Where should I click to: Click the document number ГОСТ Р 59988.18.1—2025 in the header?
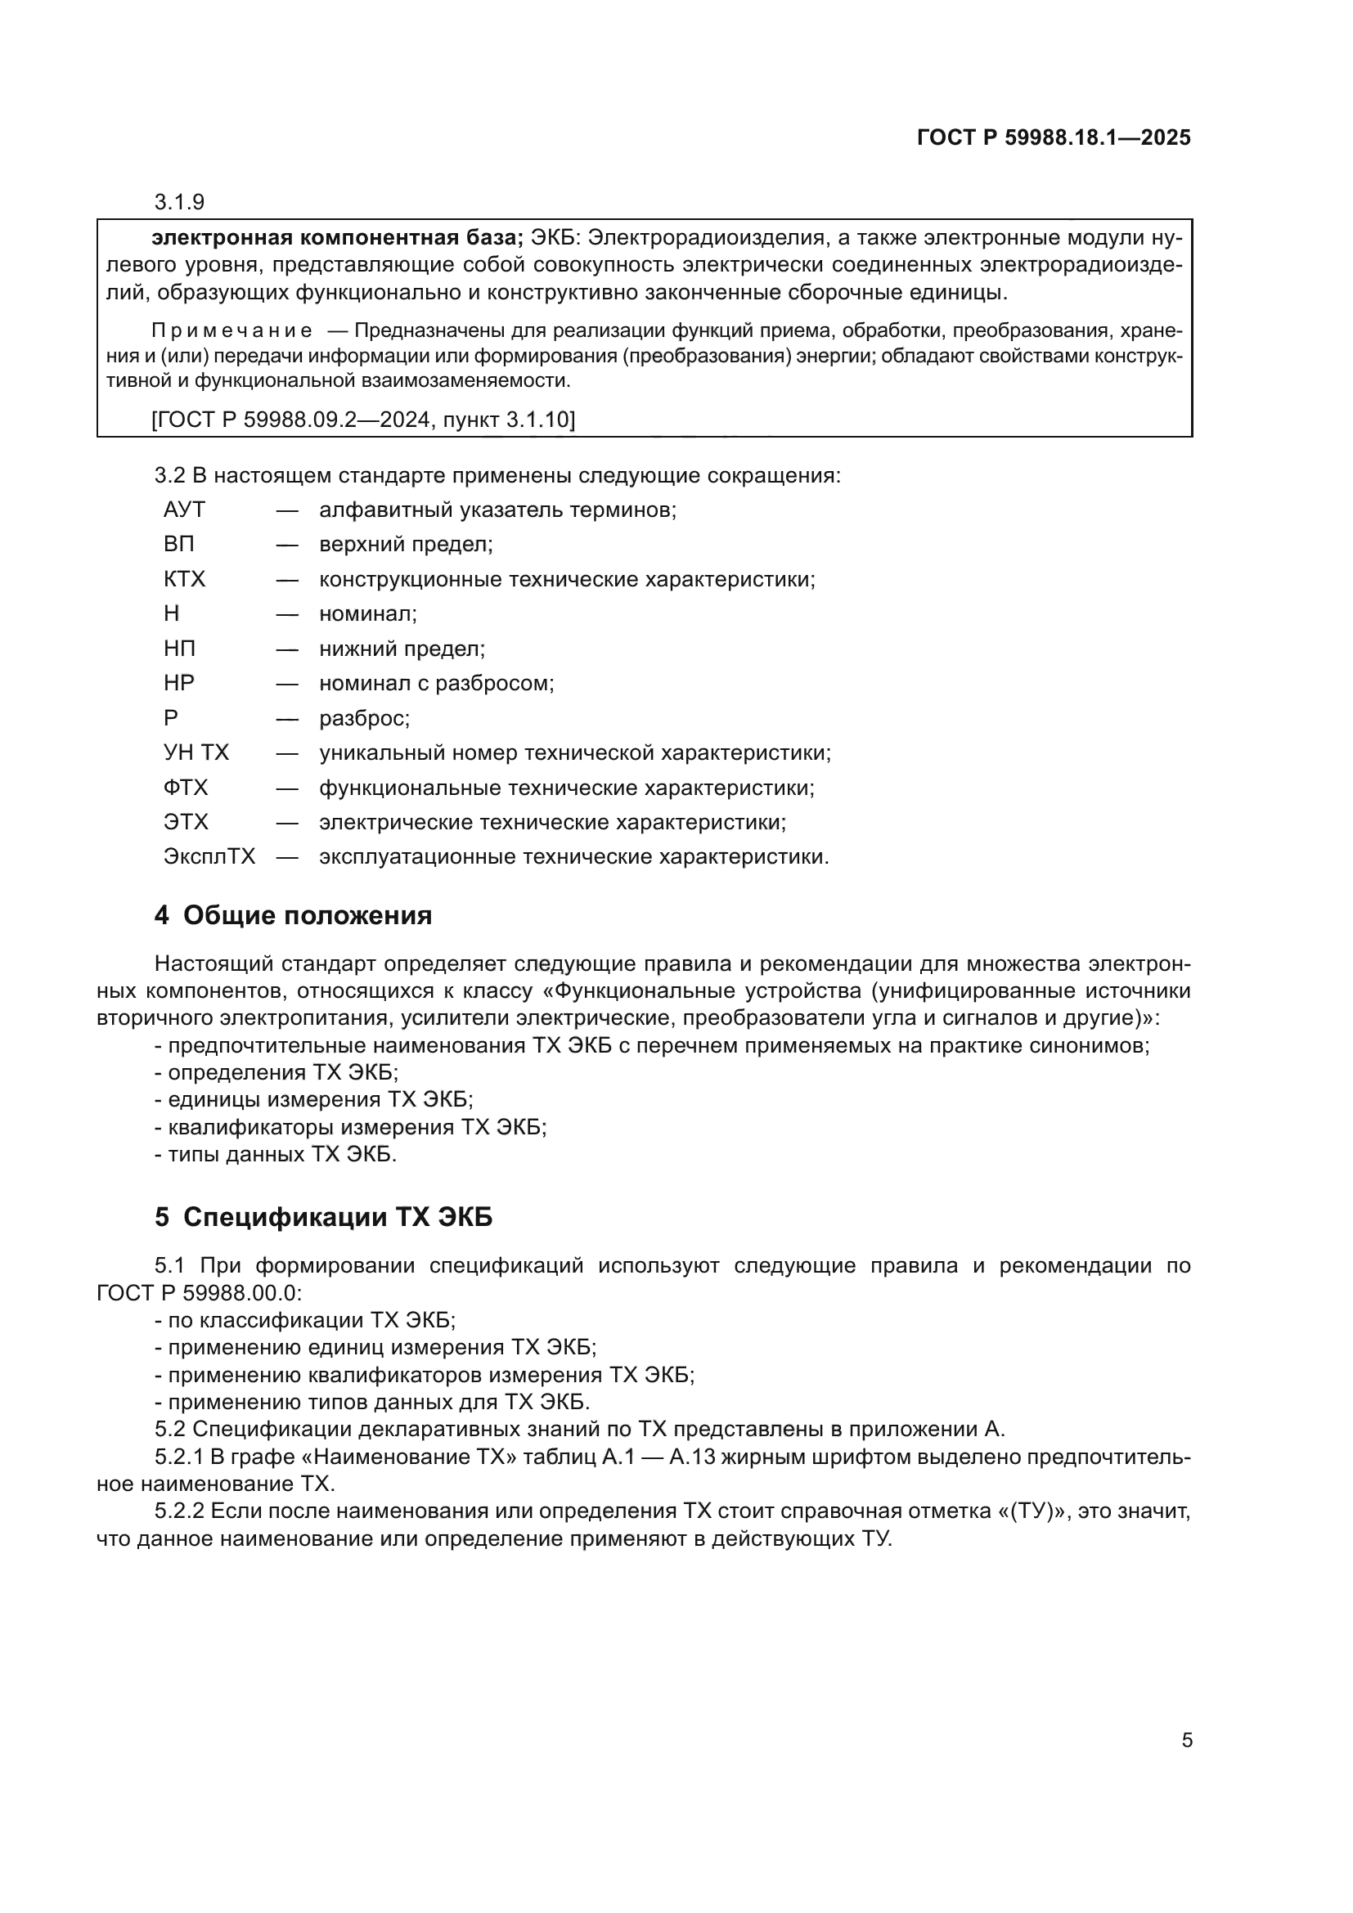(x=1053, y=137)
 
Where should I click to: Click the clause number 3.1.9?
(x=179, y=202)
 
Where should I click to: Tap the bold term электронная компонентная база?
(x=336, y=238)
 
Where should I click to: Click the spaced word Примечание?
(x=231, y=330)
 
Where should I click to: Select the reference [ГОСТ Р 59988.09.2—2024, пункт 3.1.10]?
(x=363, y=419)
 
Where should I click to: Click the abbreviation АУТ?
(x=184, y=509)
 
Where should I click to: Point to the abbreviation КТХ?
(x=184, y=579)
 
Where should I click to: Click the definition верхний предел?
(x=406, y=544)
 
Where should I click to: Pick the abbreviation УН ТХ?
(x=196, y=752)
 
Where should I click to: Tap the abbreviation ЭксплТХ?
(x=209, y=856)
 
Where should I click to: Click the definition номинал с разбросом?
(x=437, y=683)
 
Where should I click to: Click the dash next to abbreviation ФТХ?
(x=287, y=788)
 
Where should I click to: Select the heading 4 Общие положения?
(x=294, y=916)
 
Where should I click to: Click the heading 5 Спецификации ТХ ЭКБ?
(x=323, y=1217)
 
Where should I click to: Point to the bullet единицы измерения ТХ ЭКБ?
(x=314, y=1099)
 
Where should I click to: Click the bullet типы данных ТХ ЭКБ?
(x=276, y=1154)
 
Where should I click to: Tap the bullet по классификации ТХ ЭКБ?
(x=305, y=1320)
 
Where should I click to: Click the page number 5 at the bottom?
(x=1187, y=1740)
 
